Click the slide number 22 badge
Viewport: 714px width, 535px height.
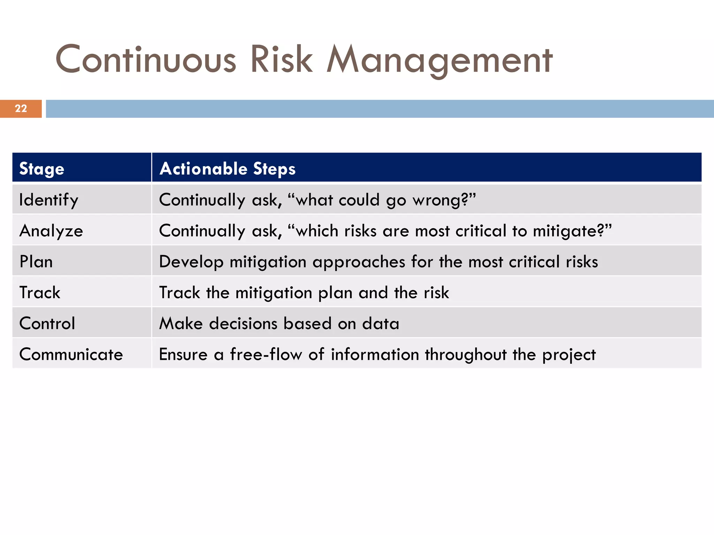(x=21, y=109)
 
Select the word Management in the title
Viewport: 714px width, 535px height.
(x=439, y=60)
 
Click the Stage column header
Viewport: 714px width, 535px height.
(x=42, y=169)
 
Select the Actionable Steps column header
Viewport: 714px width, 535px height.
(x=227, y=169)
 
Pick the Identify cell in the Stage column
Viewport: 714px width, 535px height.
(x=49, y=200)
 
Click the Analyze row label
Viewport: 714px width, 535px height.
(x=51, y=231)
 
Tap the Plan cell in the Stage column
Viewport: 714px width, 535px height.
(x=36, y=262)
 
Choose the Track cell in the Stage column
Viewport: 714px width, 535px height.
(x=40, y=293)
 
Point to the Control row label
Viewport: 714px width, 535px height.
(x=47, y=323)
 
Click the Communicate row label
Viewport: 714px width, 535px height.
(x=71, y=354)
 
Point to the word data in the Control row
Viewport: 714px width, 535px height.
(x=381, y=323)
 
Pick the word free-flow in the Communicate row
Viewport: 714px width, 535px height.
(x=266, y=354)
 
